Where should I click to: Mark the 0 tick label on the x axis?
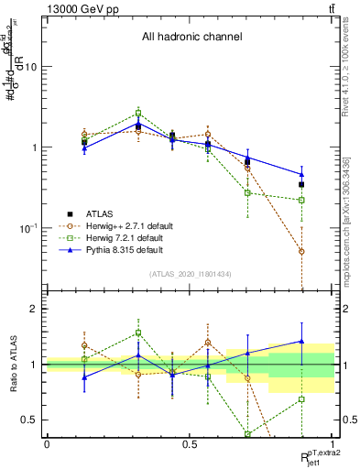(47, 443)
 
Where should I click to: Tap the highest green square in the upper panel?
(138, 114)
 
